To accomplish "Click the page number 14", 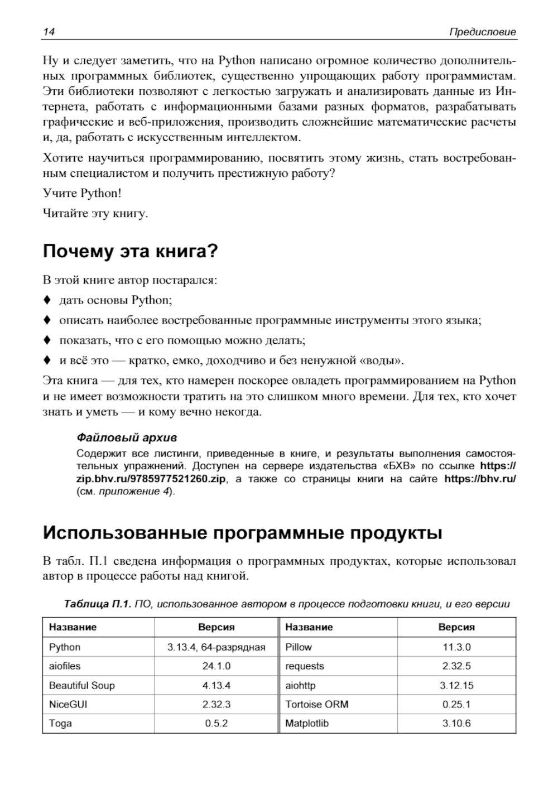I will [x=49, y=32].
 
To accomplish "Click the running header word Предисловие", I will [x=483, y=32].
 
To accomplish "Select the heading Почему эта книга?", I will [x=130, y=251].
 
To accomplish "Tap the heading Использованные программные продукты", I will [x=242, y=532].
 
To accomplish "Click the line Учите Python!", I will [x=81, y=193].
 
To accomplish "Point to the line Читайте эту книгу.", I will [x=95, y=213].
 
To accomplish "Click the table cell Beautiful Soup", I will [x=82, y=685].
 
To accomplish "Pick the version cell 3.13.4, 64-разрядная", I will [x=216, y=647].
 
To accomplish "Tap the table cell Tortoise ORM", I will [x=316, y=704].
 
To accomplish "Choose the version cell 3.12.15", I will [x=456, y=685].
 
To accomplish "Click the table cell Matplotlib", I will [x=307, y=723].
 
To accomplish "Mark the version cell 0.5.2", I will [x=216, y=723].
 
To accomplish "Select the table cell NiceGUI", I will [x=68, y=704].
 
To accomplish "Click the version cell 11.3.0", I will [x=456, y=647].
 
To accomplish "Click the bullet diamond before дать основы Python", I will [x=47, y=300].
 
